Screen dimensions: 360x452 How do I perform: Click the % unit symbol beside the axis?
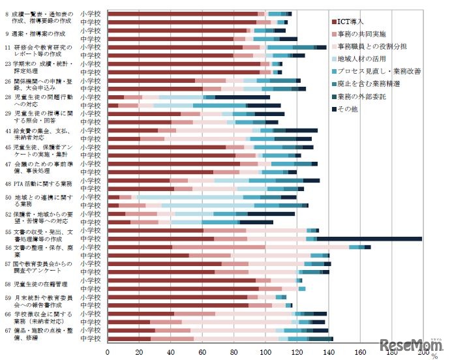[x=435, y=355]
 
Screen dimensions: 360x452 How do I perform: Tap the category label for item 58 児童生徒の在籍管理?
[x=36, y=284]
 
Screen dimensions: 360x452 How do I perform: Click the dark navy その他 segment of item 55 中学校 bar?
[x=369, y=239]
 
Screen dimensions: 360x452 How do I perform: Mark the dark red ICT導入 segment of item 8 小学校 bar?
[x=183, y=13]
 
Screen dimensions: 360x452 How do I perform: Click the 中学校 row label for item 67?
[x=90, y=338]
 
